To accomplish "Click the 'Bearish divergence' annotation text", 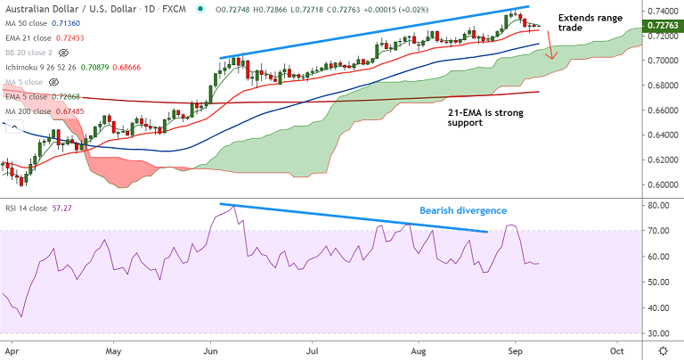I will pyautogui.click(x=463, y=211).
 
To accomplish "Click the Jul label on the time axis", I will pyautogui.click(x=313, y=352).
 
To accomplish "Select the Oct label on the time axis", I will pyautogui.click(x=615, y=352).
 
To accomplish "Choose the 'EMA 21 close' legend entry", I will pyautogui.click(x=28, y=39).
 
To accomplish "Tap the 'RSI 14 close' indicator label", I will pyautogui.click(x=28, y=206).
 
